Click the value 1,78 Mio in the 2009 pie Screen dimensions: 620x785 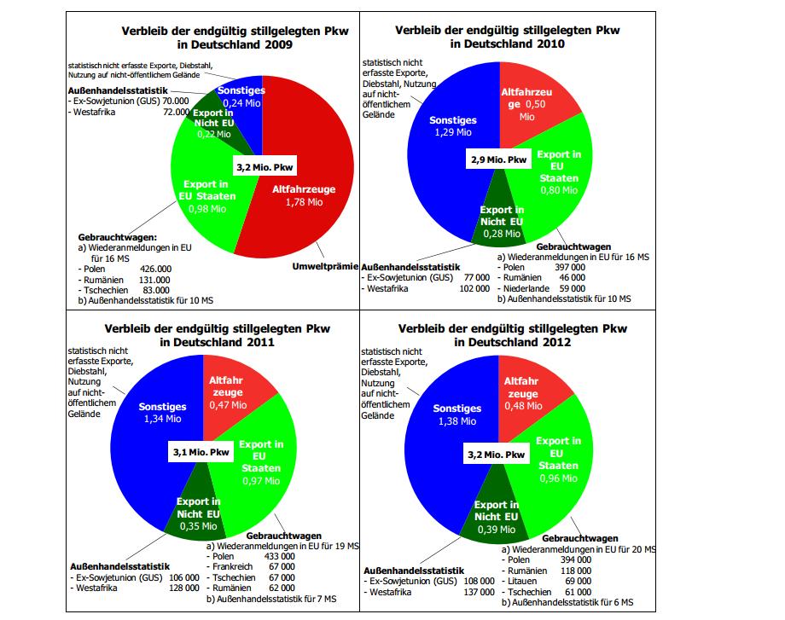coord(304,202)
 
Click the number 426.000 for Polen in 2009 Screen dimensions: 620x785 coord(154,268)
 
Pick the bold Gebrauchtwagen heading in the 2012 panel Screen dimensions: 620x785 coord(580,539)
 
